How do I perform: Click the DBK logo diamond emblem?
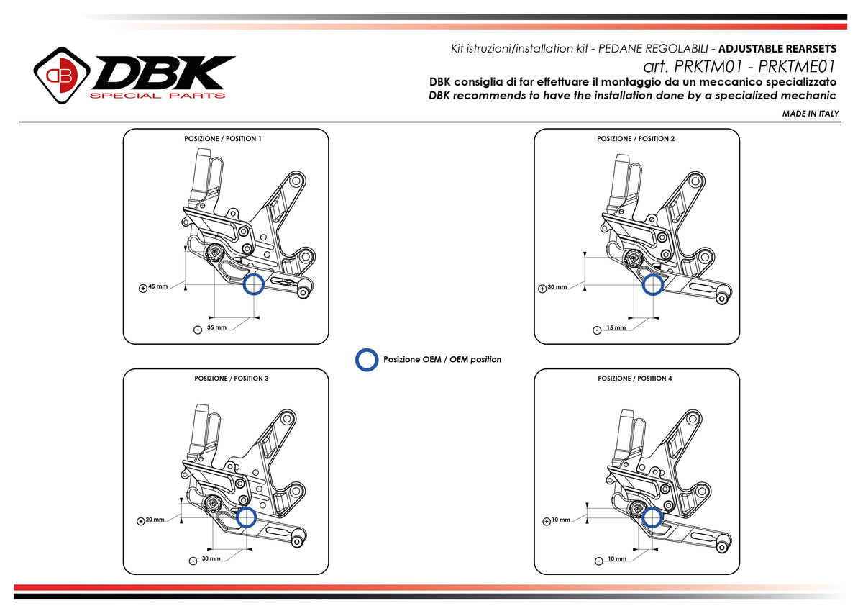click(x=62, y=75)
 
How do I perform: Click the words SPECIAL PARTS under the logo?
click(x=157, y=96)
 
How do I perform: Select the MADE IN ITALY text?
click(x=811, y=114)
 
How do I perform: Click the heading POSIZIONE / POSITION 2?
click(x=636, y=138)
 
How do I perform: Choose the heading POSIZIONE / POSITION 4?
click(x=635, y=378)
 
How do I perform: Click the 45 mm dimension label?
click(x=157, y=286)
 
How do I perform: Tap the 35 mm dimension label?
click(x=216, y=327)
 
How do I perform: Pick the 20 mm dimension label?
click(x=155, y=519)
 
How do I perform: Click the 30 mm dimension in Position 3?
click(x=211, y=558)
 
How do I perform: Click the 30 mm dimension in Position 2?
click(x=557, y=286)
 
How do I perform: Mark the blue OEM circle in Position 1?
click(x=253, y=285)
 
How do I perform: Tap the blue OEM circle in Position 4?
click(x=652, y=517)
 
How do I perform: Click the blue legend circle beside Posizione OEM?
click(x=367, y=359)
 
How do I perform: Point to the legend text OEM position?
click(x=475, y=359)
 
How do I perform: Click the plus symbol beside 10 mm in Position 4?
click(x=546, y=520)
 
